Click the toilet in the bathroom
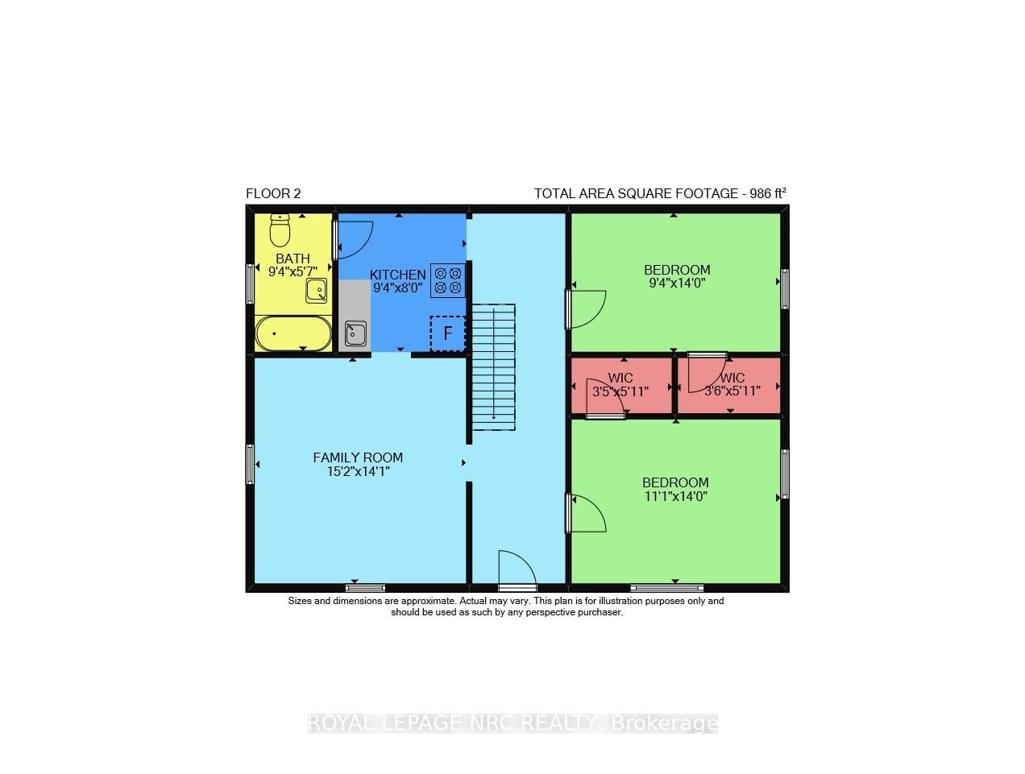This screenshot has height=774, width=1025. click(280, 230)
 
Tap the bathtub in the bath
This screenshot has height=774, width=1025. click(293, 333)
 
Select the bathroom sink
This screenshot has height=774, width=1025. click(316, 291)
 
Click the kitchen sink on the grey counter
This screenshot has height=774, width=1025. click(355, 334)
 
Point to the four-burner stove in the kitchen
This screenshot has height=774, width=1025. click(448, 280)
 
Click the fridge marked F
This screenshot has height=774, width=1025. click(447, 333)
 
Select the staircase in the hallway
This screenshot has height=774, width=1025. click(494, 366)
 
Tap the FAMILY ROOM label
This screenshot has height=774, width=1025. click(358, 457)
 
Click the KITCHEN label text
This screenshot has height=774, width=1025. click(398, 275)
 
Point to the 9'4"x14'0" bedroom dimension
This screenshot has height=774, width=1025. click(677, 283)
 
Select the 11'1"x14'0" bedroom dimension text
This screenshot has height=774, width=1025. click(676, 496)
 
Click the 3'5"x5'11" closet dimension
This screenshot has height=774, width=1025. click(620, 391)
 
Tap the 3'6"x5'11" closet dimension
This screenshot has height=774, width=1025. click(732, 391)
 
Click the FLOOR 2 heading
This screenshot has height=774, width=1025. click(273, 193)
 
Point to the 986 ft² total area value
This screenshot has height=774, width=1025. click(768, 193)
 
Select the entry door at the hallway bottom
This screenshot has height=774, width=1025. click(517, 570)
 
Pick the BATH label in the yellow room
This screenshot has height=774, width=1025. click(293, 259)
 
